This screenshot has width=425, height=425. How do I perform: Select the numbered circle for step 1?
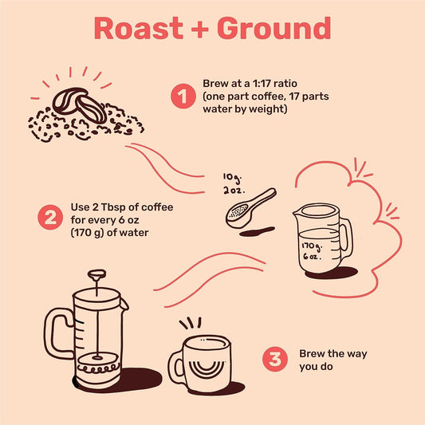[x=183, y=96]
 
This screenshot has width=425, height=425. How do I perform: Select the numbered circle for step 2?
[x=49, y=217]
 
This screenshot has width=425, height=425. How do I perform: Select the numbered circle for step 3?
[x=274, y=358]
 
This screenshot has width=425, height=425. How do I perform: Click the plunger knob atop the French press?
[x=97, y=275]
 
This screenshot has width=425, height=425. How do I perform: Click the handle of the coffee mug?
[x=176, y=365]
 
